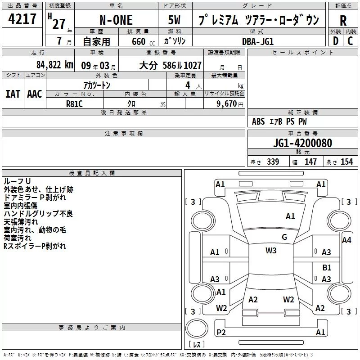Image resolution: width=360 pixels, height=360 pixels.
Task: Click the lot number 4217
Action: pos(22,19)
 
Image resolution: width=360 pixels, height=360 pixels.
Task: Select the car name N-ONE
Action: pos(116,20)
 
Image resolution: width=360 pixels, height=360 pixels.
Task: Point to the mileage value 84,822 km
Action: pos(55,65)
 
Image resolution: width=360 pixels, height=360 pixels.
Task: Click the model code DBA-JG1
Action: pos(258,41)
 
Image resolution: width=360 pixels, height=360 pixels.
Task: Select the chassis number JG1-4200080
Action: pos(302,143)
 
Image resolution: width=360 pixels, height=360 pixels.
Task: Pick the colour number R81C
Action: pos(74,104)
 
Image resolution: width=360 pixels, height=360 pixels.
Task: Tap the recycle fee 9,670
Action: pos(226,104)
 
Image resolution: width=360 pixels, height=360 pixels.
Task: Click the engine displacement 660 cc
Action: pos(143,41)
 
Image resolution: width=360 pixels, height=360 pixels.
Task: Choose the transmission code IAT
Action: pos(13,94)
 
